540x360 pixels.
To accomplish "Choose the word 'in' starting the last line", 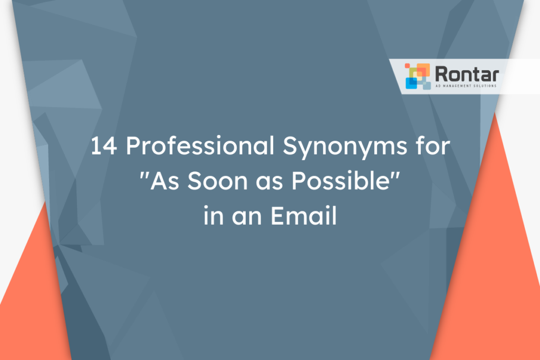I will (x=211, y=217).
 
